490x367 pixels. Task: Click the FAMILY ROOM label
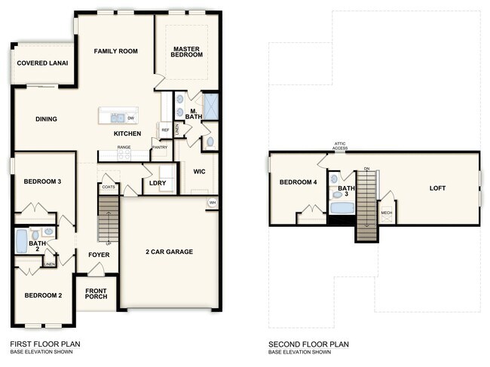pyautogui.click(x=115, y=51)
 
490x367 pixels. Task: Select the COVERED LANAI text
pyautogui.click(x=41, y=63)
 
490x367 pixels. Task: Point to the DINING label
pyautogui.click(x=47, y=119)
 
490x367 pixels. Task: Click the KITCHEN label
pyautogui.click(x=127, y=133)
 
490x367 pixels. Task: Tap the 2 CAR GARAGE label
pyautogui.click(x=170, y=252)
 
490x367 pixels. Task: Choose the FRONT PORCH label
pyautogui.click(x=96, y=294)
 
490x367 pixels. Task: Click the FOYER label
pyautogui.click(x=98, y=255)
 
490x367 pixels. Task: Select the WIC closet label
pyautogui.click(x=199, y=170)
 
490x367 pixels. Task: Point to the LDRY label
pyautogui.click(x=158, y=182)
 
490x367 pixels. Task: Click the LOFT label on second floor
pyautogui.click(x=438, y=188)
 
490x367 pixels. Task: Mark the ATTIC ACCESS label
pyautogui.click(x=341, y=147)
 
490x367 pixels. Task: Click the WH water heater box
pyautogui.click(x=212, y=202)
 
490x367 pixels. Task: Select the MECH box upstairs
pyautogui.click(x=387, y=213)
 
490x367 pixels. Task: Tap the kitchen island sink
pyautogui.click(x=117, y=118)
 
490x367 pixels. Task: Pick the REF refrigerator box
pyautogui.click(x=165, y=130)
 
